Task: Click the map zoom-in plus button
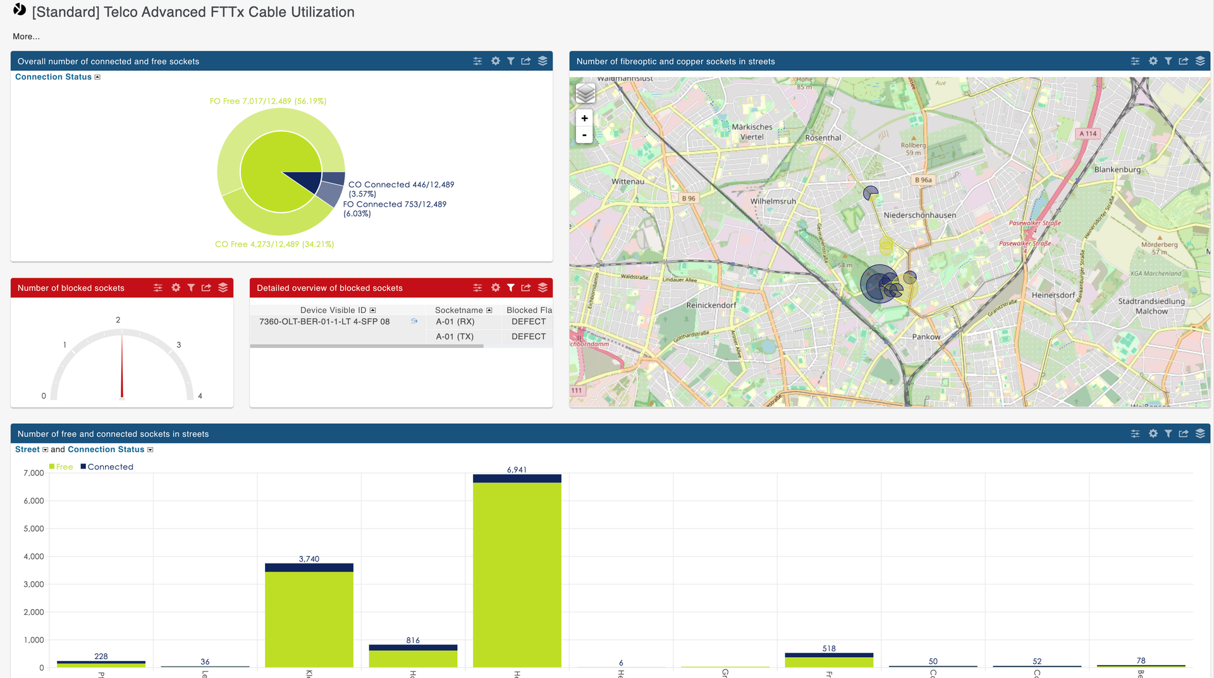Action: coord(584,118)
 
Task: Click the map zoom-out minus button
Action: coord(584,135)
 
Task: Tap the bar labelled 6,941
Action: coord(517,572)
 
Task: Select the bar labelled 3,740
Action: coord(309,617)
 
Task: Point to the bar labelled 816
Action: coord(413,657)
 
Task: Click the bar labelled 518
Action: coord(828,661)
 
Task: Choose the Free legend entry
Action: coord(61,467)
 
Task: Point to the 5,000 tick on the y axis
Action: coord(34,529)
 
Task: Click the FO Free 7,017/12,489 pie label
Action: coord(268,101)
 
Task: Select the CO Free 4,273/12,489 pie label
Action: coord(274,244)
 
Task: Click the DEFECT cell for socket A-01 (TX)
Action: coord(529,336)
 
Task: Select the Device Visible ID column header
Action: coord(333,310)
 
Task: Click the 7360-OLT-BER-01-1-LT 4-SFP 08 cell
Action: coord(324,321)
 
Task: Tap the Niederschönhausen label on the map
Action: coord(919,215)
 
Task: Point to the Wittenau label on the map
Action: coord(627,182)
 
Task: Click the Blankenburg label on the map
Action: coord(1117,169)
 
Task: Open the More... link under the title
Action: coord(26,37)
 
